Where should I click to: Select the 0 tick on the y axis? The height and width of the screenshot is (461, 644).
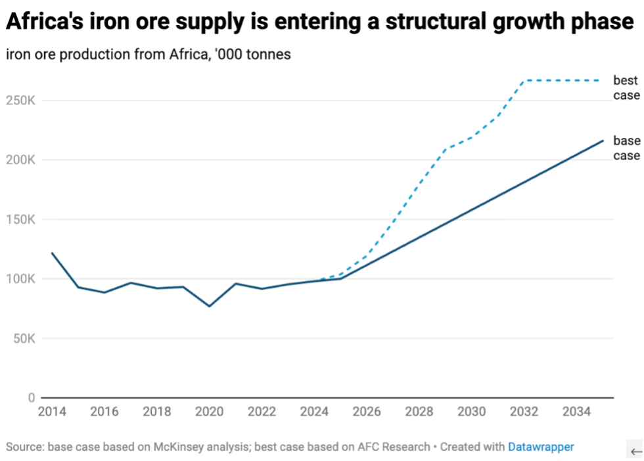32,398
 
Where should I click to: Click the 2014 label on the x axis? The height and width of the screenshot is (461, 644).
51,412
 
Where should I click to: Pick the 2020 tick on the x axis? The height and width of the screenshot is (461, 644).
209,412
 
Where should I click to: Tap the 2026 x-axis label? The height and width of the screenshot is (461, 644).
367,412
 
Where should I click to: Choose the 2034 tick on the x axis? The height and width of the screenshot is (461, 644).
576,412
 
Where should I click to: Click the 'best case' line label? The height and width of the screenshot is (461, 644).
626,88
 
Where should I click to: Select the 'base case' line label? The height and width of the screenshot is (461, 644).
626,148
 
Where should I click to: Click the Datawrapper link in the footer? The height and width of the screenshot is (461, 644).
540,447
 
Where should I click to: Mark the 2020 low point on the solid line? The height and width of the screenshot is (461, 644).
209,306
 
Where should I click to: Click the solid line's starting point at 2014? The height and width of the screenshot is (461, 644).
51,253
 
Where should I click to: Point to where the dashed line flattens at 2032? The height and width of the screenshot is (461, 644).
524,81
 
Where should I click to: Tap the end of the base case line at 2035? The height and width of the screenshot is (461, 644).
603,141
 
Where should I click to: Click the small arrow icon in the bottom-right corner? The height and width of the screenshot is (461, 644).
635,451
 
